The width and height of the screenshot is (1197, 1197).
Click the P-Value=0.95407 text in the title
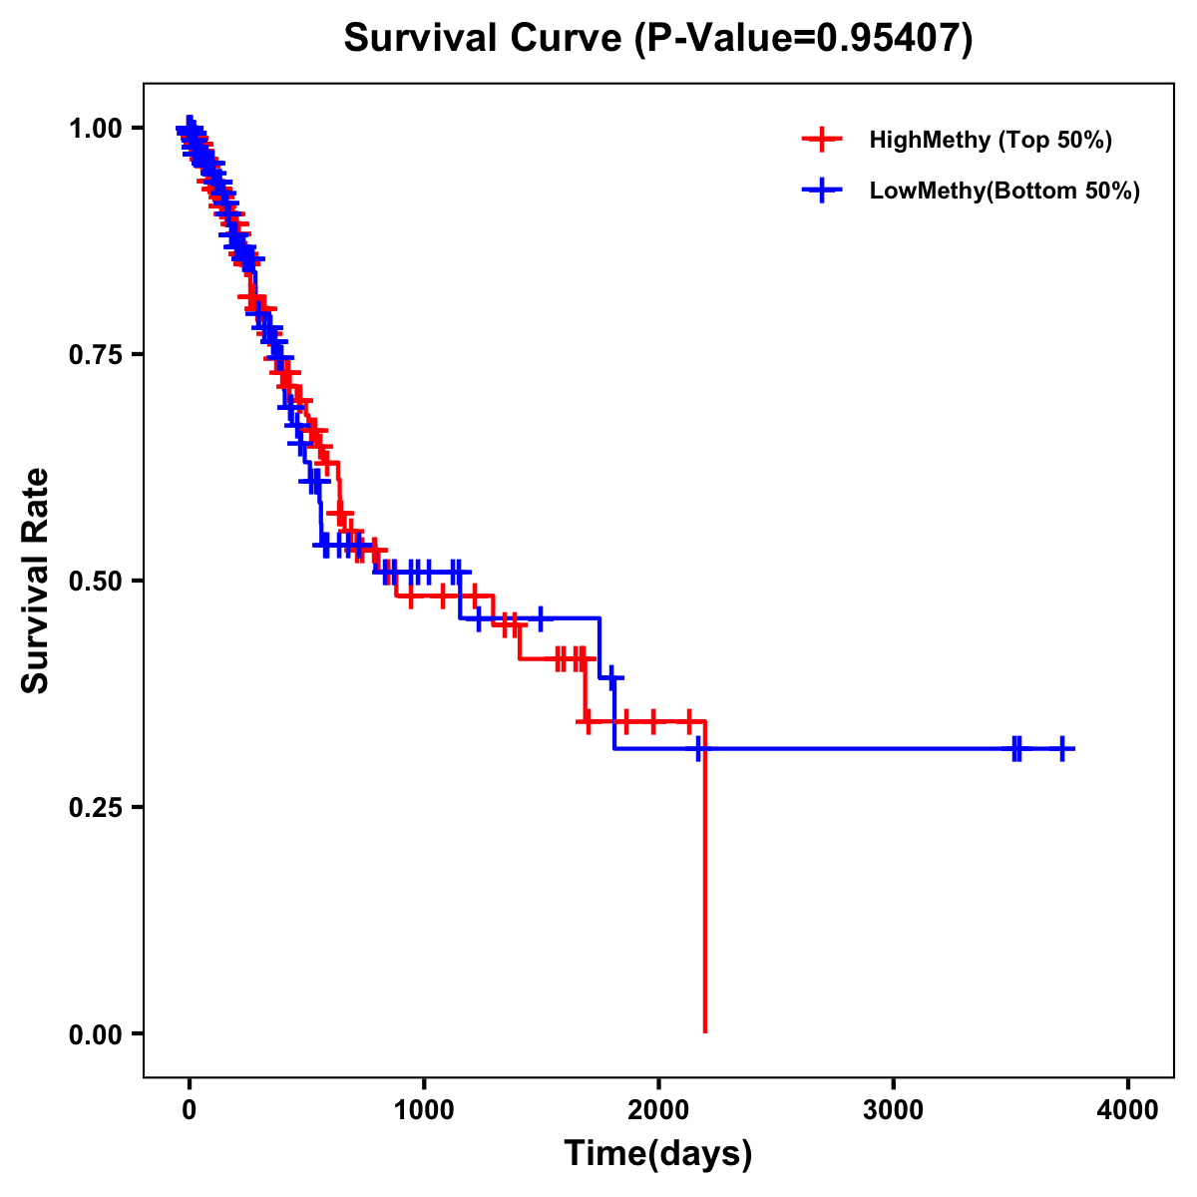[x=804, y=38]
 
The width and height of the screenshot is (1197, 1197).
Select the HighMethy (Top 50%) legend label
[x=990, y=140]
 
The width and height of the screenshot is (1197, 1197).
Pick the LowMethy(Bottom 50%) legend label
[x=1004, y=191]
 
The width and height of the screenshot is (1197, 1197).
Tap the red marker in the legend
[x=821, y=140]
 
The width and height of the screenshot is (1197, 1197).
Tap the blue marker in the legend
[x=821, y=191]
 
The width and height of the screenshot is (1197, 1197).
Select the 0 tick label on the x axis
[x=190, y=1111]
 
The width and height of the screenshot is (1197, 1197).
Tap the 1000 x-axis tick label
[x=424, y=1111]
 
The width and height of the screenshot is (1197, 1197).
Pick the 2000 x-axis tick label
[x=659, y=1111]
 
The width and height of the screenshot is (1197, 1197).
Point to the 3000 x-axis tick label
[x=894, y=1111]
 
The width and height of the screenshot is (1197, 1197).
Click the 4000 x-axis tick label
[x=1128, y=1111]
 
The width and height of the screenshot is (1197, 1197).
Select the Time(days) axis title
[x=658, y=1154]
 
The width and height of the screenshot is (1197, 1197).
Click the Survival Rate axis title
[x=37, y=581]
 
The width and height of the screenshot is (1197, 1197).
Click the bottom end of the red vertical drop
[x=705, y=1031]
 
